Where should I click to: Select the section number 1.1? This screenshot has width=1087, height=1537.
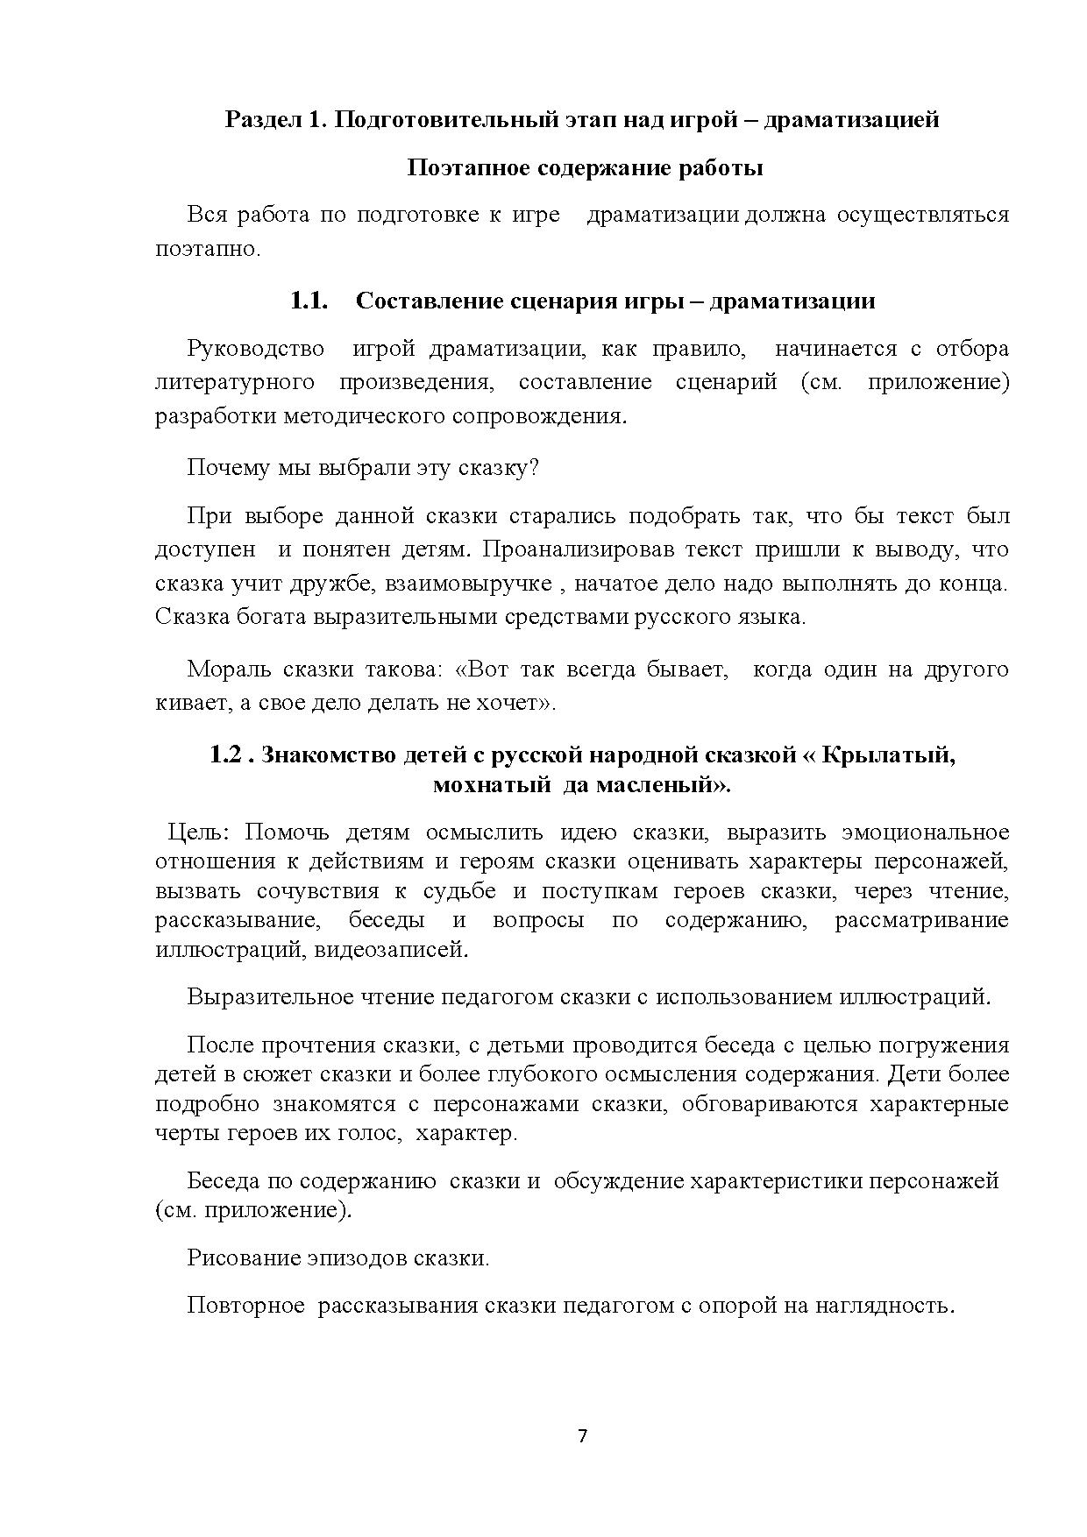pyautogui.click(x=309, y=301)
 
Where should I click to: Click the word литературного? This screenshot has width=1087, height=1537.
pyautogui.click(x=235, y=382)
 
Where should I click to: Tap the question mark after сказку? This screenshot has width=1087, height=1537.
pyautogui.click(x=534, y=467)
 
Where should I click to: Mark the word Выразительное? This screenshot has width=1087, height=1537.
pyautogui.click(x=267, y=997)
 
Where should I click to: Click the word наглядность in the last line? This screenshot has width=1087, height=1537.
pyautogui.click(x=883, y=1306)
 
